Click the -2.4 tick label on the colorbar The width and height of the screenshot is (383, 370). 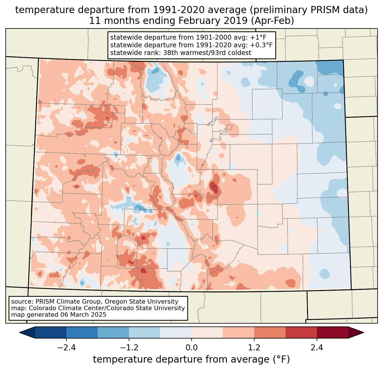pyautogui.click(x=66, y=348)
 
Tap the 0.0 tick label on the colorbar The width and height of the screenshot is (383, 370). pyautogui.click(x=191, y=348)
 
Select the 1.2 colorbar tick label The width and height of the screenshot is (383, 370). pyautogui.click(x=254, y=348)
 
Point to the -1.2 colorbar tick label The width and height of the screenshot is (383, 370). pyautogui.click(x=129, y=348)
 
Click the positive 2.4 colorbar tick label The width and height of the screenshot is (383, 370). pyautogui.click(x=317, y=348)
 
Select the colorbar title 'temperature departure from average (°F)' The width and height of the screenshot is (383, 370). pyautogui.click(x=191, y=359)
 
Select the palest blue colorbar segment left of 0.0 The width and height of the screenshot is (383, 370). pyautogui.click(x=176, y=332)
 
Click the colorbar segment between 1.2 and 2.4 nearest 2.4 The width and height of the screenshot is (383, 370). pyautogui.click(x=301, y=332)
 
